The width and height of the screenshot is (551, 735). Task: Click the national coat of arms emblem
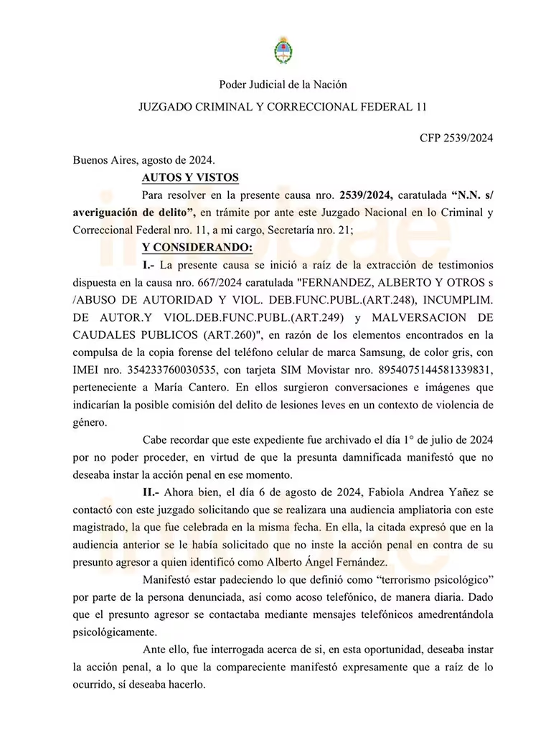283,50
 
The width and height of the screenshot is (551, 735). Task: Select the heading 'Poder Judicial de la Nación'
283,85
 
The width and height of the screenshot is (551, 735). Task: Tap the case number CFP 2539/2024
456,139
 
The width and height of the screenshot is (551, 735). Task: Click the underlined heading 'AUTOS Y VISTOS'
190,177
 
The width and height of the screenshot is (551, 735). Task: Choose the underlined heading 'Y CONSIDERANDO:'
197,248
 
